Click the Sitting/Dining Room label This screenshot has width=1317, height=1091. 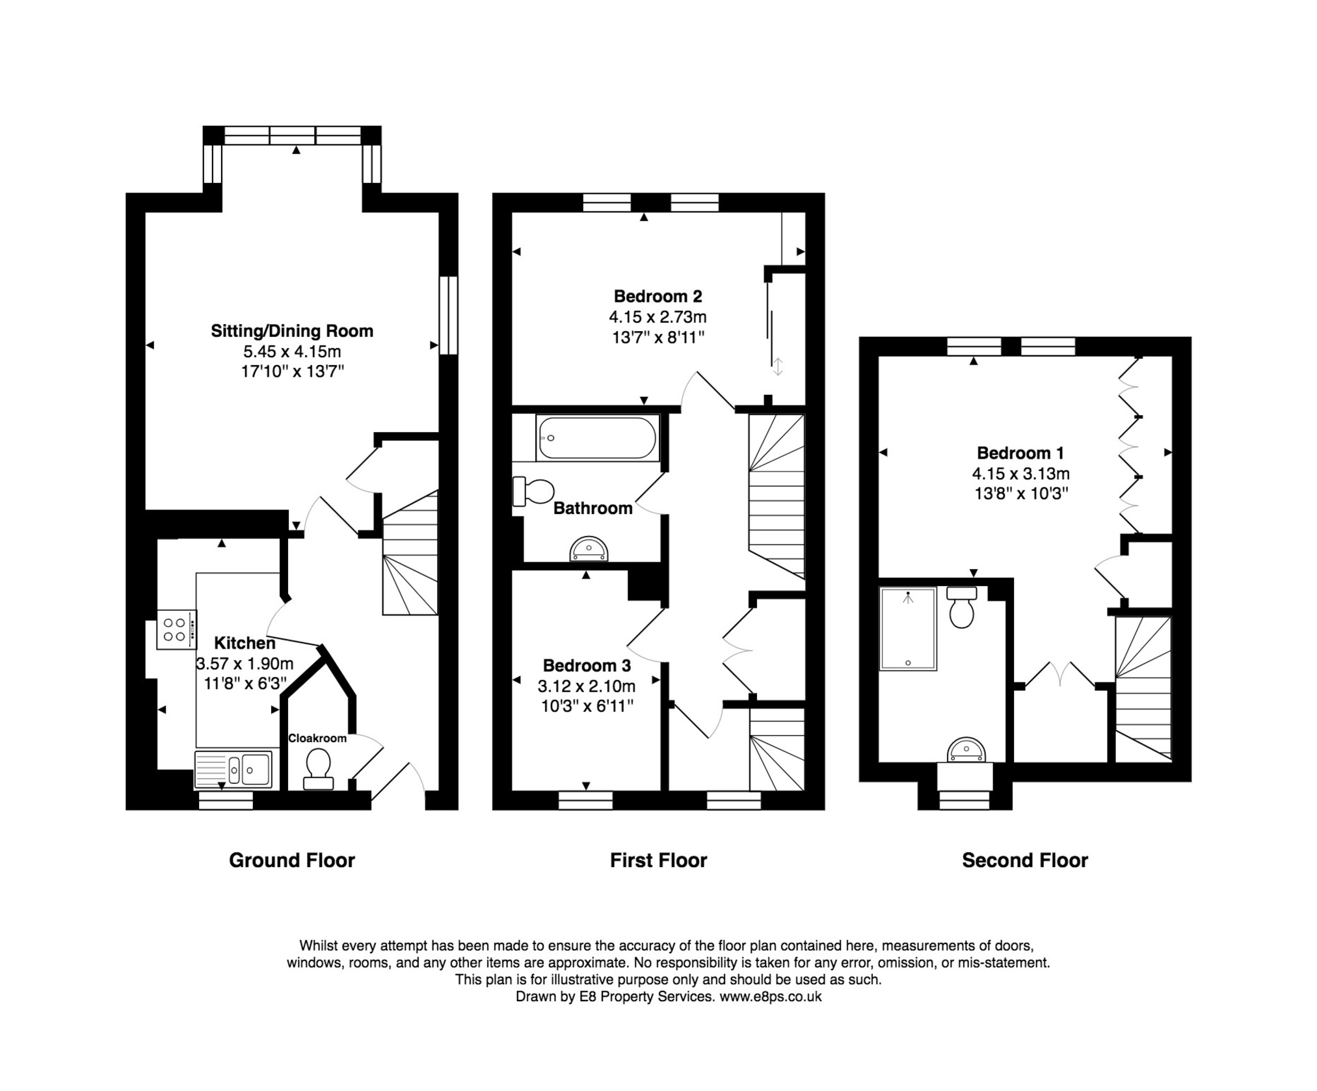pos(291,330)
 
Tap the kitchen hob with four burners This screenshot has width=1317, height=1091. pos(176,629)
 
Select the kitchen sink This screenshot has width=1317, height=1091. pos(233,770)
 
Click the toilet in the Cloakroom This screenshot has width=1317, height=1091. pos(318,767)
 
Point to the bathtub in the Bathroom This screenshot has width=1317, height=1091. pos(597,438)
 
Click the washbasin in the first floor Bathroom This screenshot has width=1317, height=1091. pos(589,549)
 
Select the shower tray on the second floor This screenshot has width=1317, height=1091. pos(908,628)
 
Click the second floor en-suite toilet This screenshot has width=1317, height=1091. pos(961,606)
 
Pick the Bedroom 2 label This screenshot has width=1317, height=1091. pos(658,296)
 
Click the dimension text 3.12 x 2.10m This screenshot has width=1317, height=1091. pos(586,686)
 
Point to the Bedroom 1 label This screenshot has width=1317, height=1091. pos(1020,453)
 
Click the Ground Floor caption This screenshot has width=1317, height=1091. pos(291,860)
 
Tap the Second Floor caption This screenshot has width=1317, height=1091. pos(1024,860)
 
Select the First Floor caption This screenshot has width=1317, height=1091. pos(658,860)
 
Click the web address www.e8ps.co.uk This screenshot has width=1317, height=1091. pos(770,996)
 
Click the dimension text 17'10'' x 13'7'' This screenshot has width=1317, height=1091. pos(291,371)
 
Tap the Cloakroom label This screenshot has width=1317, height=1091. pos(317,738)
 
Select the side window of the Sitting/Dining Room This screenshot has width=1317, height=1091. pos(448,316)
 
